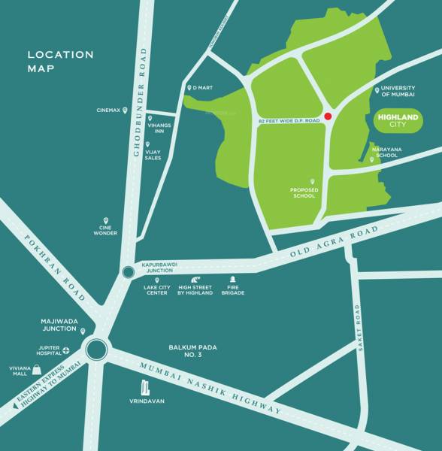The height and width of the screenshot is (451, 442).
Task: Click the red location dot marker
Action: [x=328, y=117]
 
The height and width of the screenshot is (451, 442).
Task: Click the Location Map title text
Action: [x=60, y=61]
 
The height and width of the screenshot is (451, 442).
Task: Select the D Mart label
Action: [x=204, y=88]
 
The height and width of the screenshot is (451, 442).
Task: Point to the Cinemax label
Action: [x=108, y=110]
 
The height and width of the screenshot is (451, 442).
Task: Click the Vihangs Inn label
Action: [x=159, y=127]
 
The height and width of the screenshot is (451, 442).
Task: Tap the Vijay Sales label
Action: [x=153, y=154]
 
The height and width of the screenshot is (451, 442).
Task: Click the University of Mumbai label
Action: [x=398, y=91]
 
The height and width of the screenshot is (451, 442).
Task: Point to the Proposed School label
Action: [x=304, y=192]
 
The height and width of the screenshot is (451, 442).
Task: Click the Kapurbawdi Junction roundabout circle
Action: [x=126, y=274]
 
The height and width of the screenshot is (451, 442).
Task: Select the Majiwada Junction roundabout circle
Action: [x=96, y=350]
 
